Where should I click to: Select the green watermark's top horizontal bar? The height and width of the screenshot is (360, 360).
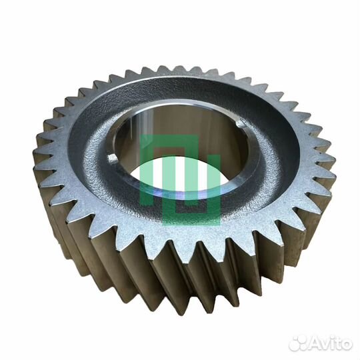[x=171, y=138]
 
